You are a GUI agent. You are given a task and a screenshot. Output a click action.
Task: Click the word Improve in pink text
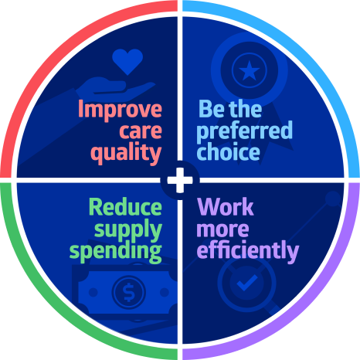(120, 109)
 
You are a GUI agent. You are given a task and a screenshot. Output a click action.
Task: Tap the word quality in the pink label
(126, 153)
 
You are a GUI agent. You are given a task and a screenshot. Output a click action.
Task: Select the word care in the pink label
(141, 131)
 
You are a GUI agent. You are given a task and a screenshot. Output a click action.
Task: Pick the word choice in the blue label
(228, 151)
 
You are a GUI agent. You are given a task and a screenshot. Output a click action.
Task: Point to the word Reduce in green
(125, 207)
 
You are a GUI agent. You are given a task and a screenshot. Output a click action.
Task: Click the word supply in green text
(128, 229)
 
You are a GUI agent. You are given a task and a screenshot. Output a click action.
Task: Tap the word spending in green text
(116, 251)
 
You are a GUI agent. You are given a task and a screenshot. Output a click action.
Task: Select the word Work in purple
(226, 207)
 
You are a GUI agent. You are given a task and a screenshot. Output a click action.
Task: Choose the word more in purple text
(222, 229)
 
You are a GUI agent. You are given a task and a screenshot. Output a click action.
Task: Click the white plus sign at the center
(180, 180)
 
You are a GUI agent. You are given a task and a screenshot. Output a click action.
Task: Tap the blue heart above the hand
(127, 61)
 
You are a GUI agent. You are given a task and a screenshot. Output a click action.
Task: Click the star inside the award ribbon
(249, 70)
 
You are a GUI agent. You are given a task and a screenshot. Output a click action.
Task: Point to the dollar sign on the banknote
(129, 292)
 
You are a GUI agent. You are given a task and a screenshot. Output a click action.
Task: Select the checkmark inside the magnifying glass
(247, 283)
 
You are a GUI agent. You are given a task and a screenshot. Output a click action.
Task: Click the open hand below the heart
(115, 89)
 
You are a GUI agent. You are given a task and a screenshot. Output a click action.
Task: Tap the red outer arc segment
(52, 52)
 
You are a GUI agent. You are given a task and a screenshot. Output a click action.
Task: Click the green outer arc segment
(52, 308)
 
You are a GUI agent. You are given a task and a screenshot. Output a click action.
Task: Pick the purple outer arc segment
(308, 308)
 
